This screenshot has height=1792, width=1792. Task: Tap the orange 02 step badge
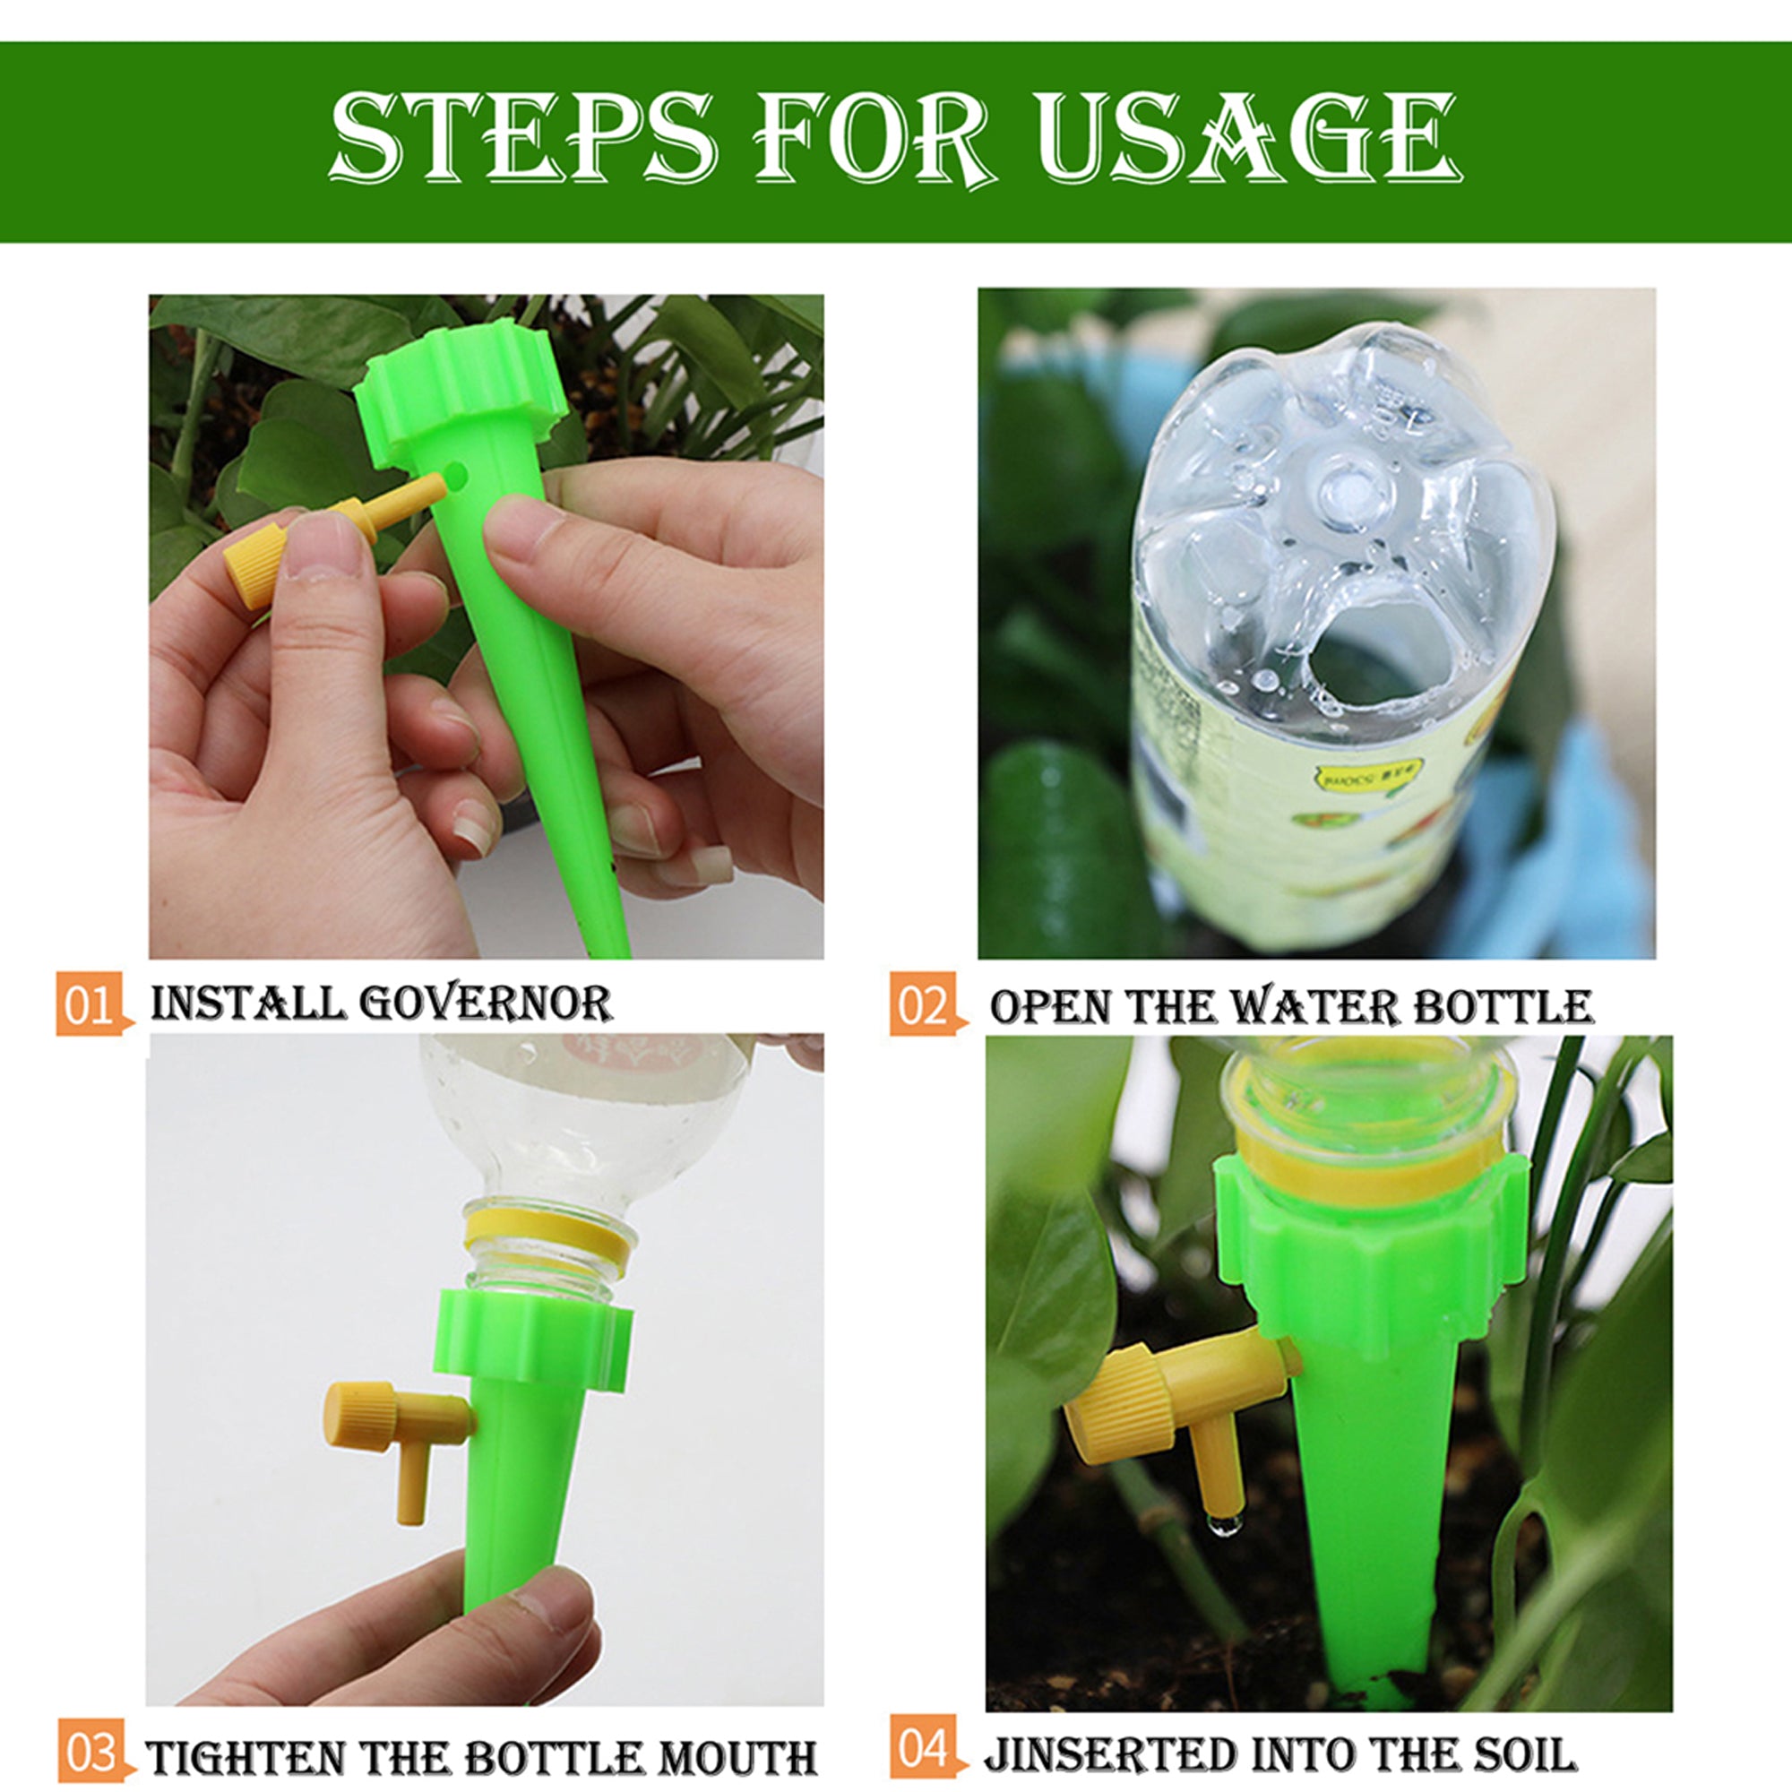(x=922, y=1005)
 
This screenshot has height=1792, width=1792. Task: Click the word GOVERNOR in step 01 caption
(x=486, y=1004)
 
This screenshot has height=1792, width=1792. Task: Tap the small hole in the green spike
(x=456, y=477)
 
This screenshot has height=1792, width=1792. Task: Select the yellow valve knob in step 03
(x=360, y=1417)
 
